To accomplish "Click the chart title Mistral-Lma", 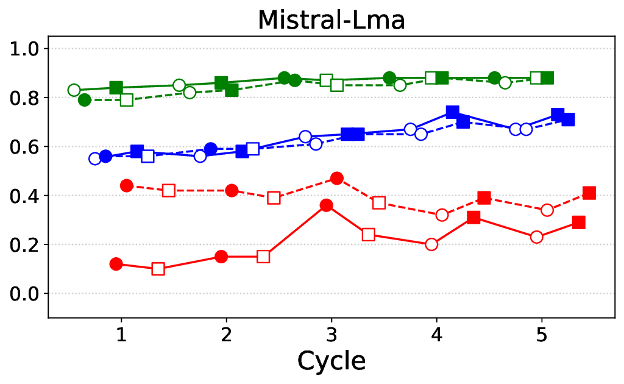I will coord(331,20).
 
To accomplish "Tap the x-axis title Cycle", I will coord(331,360).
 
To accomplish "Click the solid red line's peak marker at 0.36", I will coord(327,205).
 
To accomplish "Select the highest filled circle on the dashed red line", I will coord(337,179).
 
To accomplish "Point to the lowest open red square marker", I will coord(158,269).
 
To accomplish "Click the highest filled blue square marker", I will coord(452,112).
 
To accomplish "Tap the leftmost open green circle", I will coord(74,90).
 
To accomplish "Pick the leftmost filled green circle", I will coord(85,100).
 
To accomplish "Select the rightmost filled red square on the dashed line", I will coord(589,193).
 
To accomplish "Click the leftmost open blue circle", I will coord(95,158).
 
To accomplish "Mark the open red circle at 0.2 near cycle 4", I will coord(431,244).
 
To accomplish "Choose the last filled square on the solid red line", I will coord(578,222).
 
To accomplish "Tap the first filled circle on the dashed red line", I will coord(127,186).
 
